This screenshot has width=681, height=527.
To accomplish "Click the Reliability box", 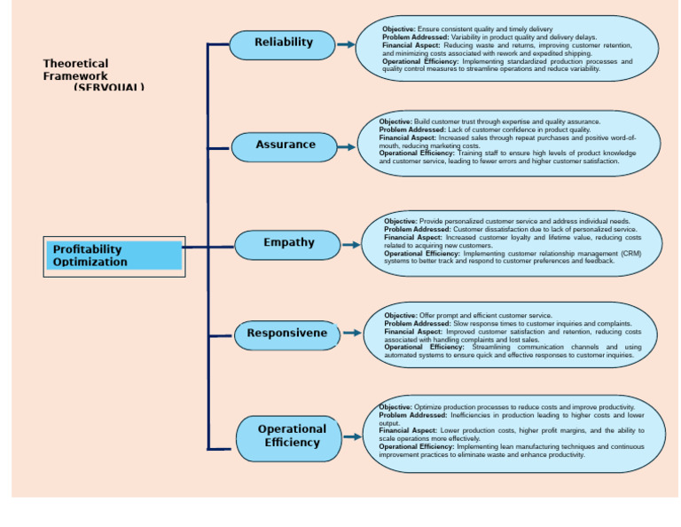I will pos(283,43).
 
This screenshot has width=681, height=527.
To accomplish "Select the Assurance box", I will pos(286,145).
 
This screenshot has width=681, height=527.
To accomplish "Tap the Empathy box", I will pos(288,244).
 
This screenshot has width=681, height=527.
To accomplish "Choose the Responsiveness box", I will pos(288,334).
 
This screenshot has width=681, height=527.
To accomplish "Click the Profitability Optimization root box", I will pos(114,256).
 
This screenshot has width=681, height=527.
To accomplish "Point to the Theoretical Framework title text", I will pos(76,70).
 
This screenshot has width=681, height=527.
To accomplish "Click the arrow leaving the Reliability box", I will pos(348,43).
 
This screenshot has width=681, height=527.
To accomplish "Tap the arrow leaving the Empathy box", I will pos(352,244).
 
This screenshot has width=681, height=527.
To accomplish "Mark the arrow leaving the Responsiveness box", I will pos(352,333).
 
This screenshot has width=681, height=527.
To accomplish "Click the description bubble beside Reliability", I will pos(507,49).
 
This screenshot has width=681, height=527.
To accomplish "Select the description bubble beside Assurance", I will pos(507,142).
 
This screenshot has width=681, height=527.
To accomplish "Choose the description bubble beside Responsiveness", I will pos(511,334).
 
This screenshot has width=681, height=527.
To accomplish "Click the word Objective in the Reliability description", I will pos(398,29).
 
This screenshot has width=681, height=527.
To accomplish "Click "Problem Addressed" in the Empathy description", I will pos(417,229).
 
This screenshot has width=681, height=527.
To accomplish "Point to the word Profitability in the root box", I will pos(87,249).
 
